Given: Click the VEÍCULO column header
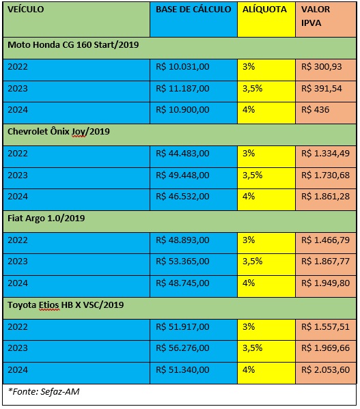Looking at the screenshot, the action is point(25,10).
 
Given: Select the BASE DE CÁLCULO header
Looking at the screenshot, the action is point(193,10).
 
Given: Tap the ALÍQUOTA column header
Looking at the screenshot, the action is point(264,10).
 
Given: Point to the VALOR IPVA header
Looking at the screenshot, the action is point(316,16).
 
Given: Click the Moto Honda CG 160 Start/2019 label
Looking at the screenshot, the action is point(73,45).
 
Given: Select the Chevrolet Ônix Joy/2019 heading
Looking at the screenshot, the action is point(59,132).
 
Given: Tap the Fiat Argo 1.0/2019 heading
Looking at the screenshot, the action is point(46,218).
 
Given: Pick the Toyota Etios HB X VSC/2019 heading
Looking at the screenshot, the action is point(66,305).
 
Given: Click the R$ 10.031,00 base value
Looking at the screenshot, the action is point(182,67).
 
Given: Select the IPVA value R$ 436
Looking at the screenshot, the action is point(315,110).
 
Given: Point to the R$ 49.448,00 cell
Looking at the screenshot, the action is point(182,175).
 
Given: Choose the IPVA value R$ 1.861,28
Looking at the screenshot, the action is point(325,197).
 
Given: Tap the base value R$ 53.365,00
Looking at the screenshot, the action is point(182,262).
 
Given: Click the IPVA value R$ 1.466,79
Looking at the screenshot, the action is point(325,240).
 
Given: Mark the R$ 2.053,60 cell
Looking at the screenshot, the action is point(325,370).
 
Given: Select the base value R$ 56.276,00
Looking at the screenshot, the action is point(182,348).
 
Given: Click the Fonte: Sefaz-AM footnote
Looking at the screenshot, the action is point(44,391).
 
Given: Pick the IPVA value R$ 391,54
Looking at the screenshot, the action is point(321,89).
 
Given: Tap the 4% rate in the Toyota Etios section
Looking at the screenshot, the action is point(249,369).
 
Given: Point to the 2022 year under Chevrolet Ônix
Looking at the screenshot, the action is point(18,154).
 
